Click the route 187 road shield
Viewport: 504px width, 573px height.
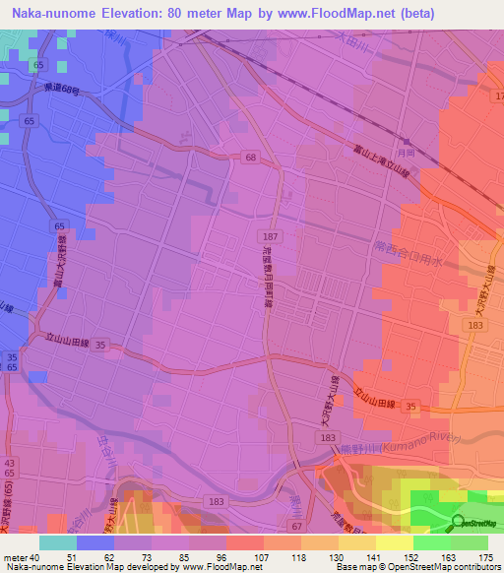pos(270,237)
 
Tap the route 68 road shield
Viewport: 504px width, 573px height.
pos(251,158)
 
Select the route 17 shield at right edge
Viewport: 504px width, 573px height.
pos(498,95)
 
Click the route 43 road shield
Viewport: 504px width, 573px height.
pos(11,463)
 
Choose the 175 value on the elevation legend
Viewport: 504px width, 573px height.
pos(484,556)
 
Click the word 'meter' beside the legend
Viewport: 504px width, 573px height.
pos(14,556)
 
